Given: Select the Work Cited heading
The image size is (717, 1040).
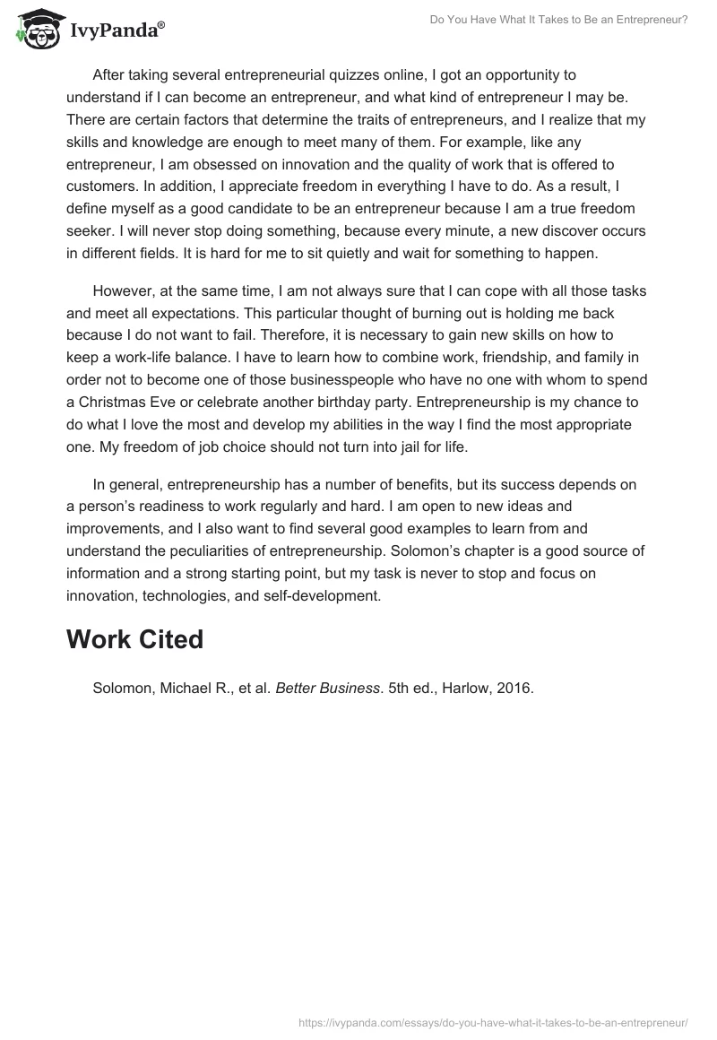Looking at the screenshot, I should pos(135,639).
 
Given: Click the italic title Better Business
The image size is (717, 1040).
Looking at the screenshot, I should pos(328,689).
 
